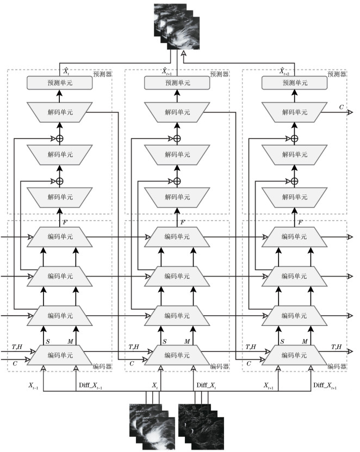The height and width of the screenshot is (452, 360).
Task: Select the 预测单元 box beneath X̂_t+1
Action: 177,83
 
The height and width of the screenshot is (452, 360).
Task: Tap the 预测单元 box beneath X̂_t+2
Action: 294,83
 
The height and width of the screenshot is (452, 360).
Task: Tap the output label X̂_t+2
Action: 282,71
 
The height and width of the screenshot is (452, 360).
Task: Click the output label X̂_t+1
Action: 166,71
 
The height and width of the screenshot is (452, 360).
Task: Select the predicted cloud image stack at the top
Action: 177,25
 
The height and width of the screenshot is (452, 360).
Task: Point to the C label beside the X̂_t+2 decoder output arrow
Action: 341,108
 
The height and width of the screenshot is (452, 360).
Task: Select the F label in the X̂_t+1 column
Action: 183,223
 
